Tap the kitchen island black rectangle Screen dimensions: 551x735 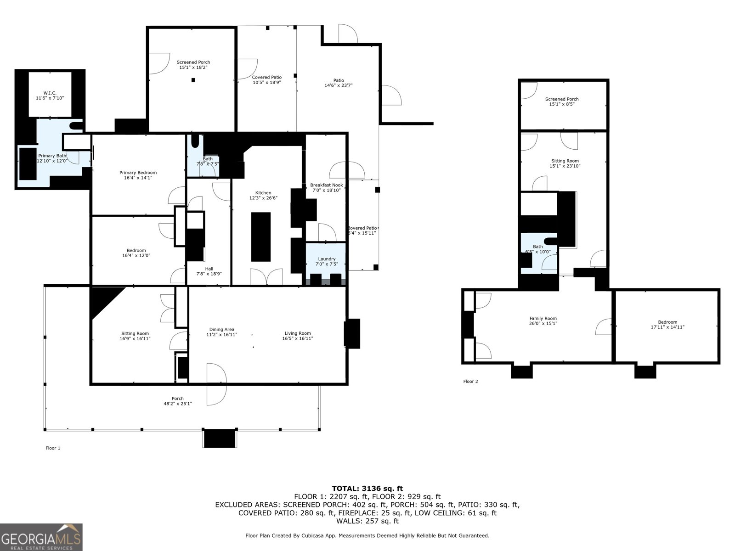(260, 236)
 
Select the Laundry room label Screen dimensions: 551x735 (326, 259)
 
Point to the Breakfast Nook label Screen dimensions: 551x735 (326, 185)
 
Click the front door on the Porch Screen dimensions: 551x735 (216, 384)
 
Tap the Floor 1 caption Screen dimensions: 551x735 (53, 448)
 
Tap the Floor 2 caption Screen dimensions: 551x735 (470, 382)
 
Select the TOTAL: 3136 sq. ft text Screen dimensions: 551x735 (367, 489)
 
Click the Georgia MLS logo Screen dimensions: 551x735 (41, 537)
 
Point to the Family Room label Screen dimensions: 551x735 (543, 318)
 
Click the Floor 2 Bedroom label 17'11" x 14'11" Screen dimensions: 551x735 (667, 325)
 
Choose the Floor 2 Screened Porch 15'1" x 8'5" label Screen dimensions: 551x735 (562, 101)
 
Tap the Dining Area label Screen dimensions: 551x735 (222, 329)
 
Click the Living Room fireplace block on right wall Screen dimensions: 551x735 (352, 333)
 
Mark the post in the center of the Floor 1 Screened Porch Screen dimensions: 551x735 (193, 80)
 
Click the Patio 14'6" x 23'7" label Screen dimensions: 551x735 (339, 83)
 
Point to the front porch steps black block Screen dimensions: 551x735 (220, 438)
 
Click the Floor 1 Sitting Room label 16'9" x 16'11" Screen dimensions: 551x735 (135, 336)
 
